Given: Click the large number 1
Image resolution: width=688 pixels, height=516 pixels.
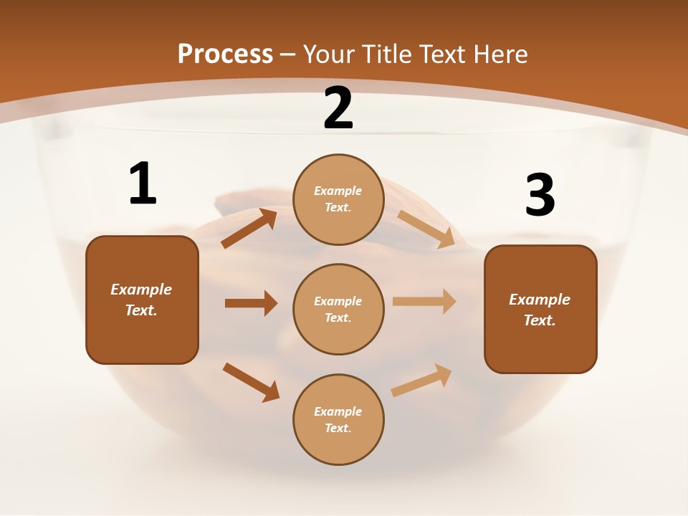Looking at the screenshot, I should pos(143,183).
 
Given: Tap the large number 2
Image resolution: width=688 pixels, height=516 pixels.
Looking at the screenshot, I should pos(338,108).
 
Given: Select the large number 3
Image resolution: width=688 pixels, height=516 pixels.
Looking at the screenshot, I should pos(540,196).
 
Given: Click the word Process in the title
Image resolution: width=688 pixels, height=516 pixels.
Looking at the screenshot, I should pos(225,54).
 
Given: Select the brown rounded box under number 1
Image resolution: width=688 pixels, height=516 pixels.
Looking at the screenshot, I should pos(142,300).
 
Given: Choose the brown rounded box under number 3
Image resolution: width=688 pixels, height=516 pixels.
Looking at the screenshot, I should pos(540,309).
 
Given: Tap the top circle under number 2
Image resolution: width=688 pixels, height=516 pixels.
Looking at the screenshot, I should pos(338,199).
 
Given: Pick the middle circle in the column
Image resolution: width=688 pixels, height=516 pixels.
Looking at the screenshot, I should pos(338,309).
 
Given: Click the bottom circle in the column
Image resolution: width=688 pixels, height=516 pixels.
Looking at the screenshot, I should pos(338,419).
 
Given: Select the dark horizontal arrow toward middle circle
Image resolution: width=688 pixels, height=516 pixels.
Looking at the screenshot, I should pos(251,303).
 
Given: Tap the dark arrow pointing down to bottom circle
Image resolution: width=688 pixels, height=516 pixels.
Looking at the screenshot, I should pos(252,382).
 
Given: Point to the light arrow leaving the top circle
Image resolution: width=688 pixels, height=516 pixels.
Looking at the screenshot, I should pos(426,229).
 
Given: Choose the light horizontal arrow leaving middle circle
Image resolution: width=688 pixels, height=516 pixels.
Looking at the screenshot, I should pos(424,302).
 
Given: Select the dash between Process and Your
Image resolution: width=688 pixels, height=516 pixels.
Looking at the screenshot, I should pos(288,54).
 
